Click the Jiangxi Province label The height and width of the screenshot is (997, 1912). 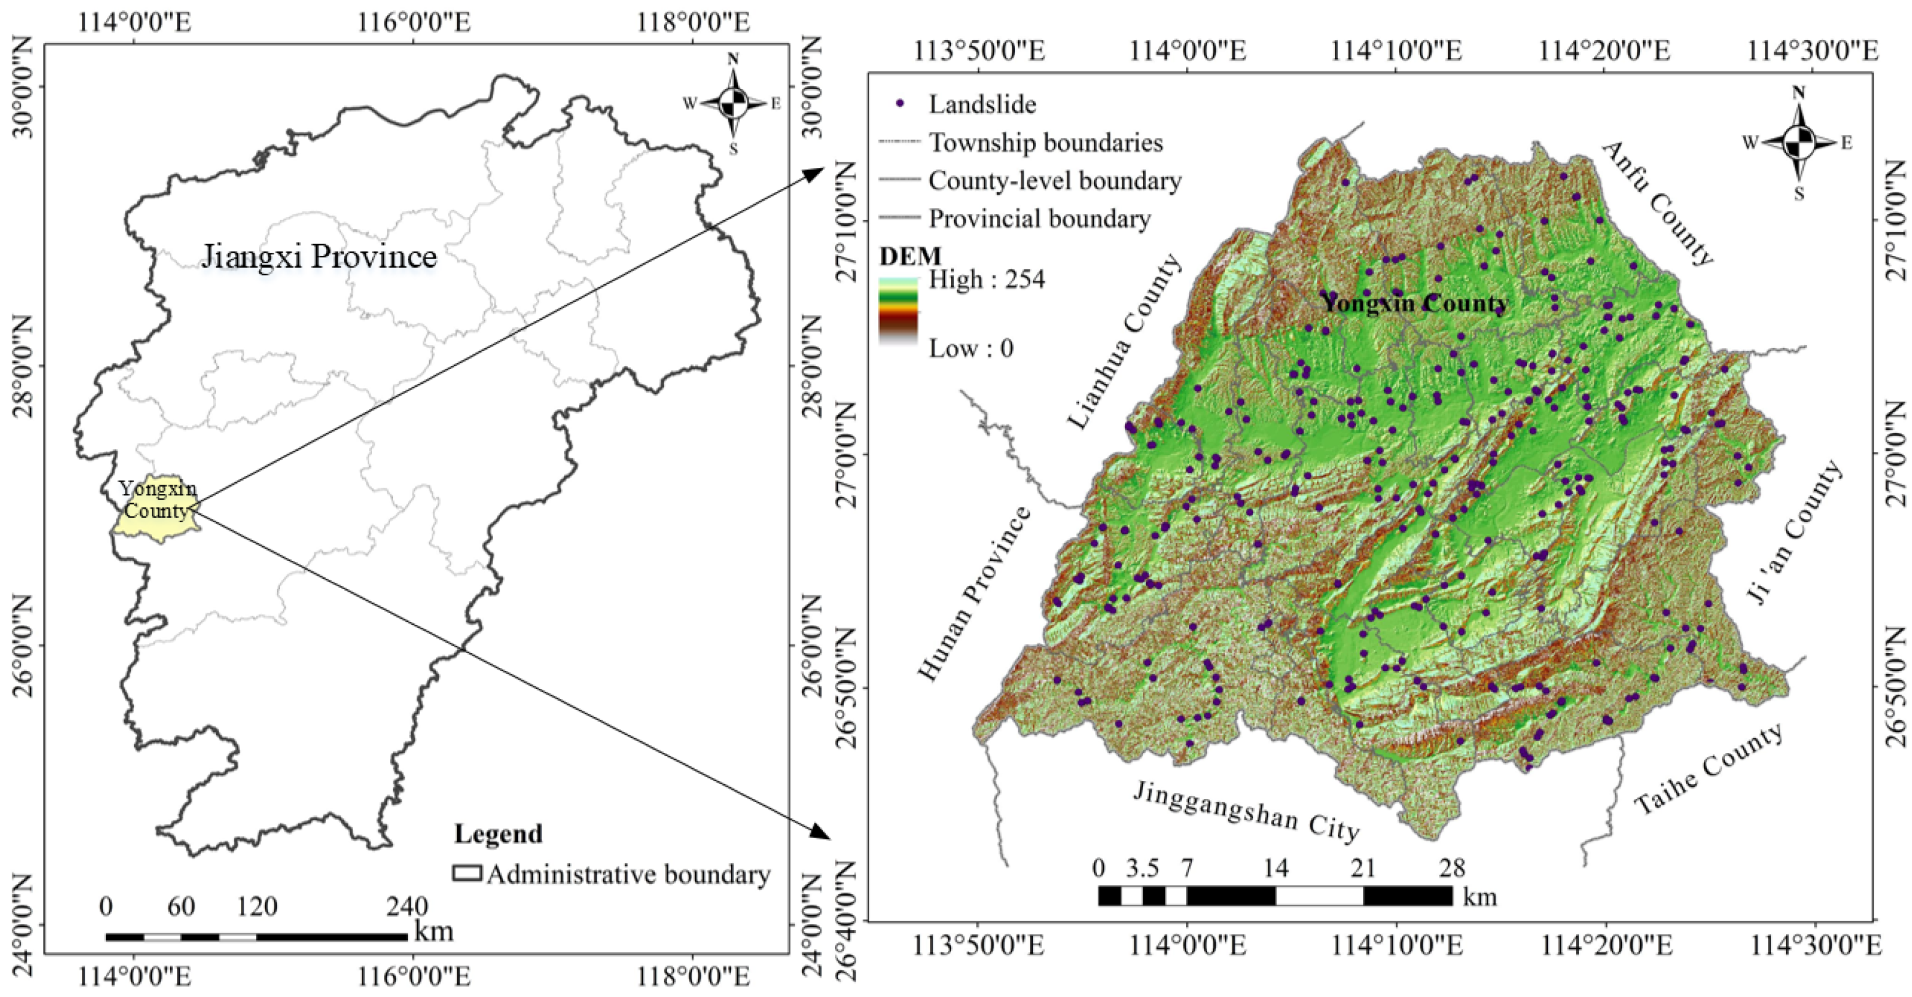coord(319,256)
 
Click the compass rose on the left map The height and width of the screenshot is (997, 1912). coord(733,104)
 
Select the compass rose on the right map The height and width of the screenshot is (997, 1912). coord(1798,143)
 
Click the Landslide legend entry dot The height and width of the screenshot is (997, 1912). coord(901,104)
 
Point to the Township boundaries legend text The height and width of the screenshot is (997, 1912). coord(1045,143)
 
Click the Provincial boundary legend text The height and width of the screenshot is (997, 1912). coord(1039,219)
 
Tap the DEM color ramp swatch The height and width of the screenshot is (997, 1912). coord(898,312)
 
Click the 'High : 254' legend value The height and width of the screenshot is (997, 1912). coord(986,280)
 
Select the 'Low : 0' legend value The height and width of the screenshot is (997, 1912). coord(970,348)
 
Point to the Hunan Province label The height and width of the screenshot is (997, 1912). coord(974,594)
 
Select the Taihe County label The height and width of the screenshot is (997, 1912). coord(1708,769)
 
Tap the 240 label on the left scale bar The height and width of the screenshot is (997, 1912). coord(407,907)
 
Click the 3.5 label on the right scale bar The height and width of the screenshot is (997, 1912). coord(1142,868)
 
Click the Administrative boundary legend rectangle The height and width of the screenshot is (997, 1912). coord(467,873)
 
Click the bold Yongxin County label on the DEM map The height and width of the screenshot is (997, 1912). coord(1414,303)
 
